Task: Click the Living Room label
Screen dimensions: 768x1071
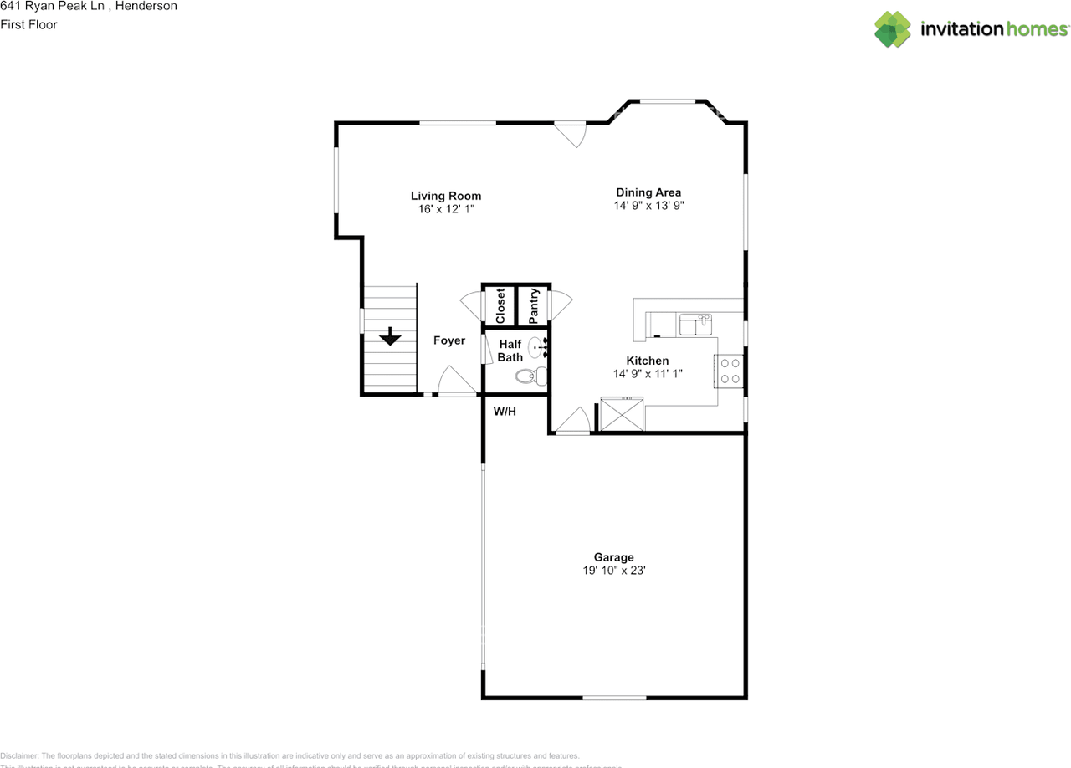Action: pos(445,197)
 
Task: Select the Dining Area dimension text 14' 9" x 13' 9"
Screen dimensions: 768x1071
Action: pos(649,205)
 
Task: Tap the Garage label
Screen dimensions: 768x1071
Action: pos(613,557)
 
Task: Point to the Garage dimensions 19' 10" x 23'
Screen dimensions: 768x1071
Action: pos(613,571)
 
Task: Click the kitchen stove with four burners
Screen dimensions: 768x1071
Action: pos(730,371)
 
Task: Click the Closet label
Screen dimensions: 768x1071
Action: pos(500,306)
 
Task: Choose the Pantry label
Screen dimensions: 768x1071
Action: pos(533,306)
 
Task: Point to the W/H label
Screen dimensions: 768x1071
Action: pos(504,412)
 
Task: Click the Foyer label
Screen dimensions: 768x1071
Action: pos(448,340)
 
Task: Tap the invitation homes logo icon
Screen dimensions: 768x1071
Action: pos(893,29)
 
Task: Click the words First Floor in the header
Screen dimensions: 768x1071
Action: pos(29,25)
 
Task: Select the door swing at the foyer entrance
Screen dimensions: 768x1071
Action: pos(454,381)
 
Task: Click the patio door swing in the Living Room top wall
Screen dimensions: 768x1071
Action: pos(571,135)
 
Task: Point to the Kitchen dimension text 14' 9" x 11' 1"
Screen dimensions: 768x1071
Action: pos(648,374)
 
